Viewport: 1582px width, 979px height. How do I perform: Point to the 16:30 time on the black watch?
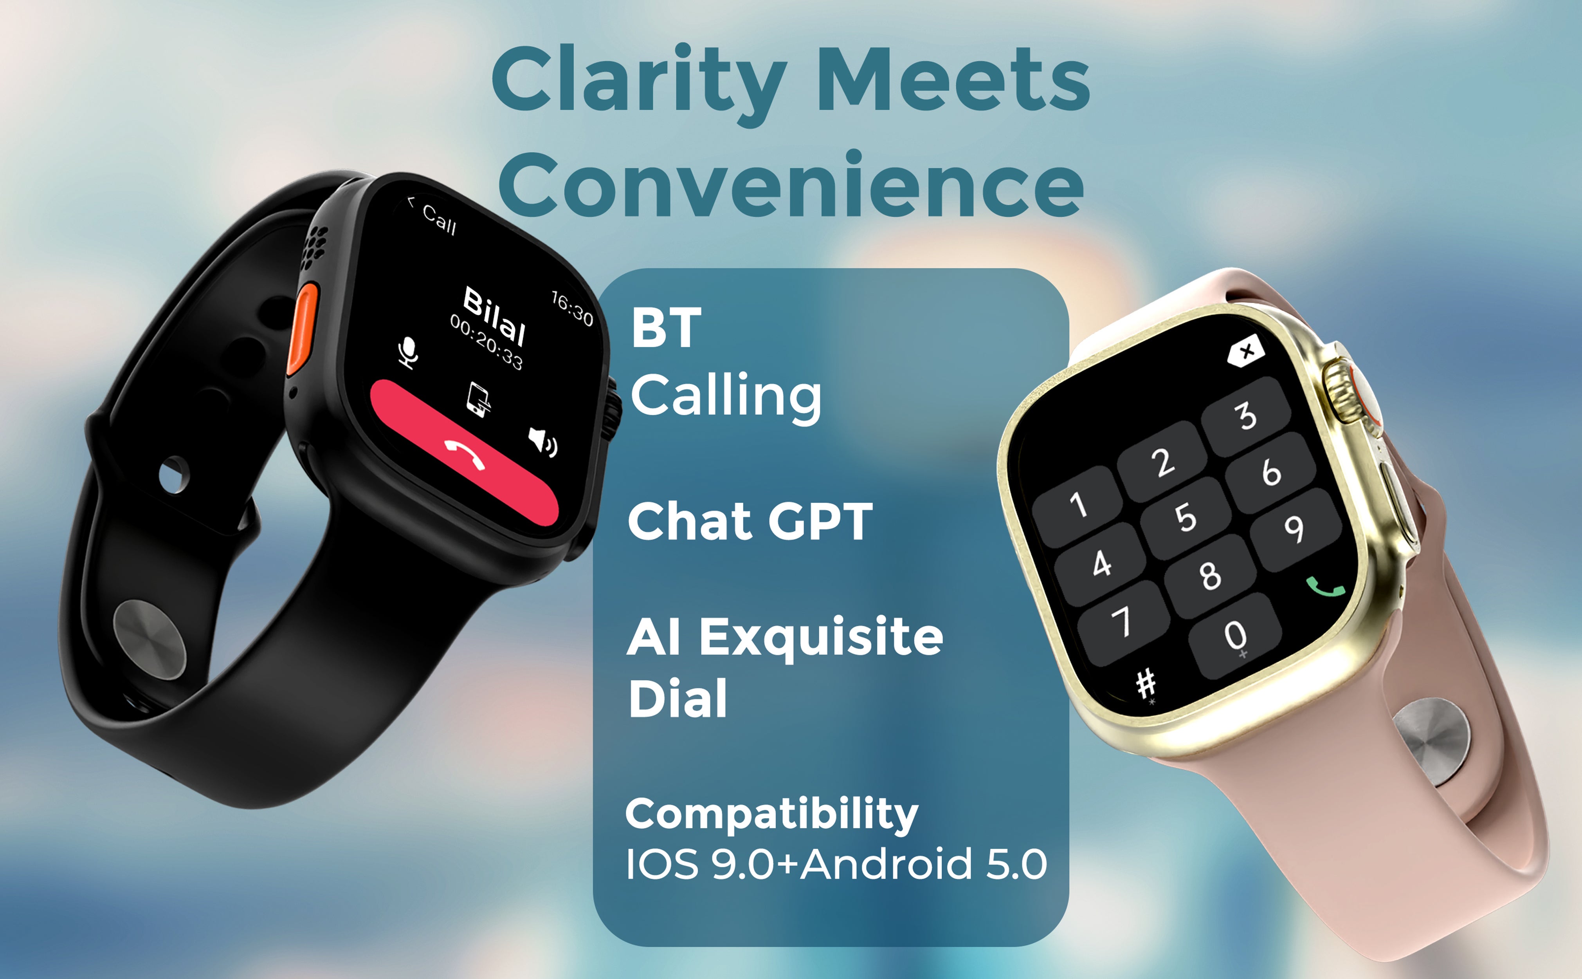[x=572, y=308]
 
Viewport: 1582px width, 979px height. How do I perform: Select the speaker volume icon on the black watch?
[x=542, y=442]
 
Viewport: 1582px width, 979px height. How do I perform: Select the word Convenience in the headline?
[x=791, y=184]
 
